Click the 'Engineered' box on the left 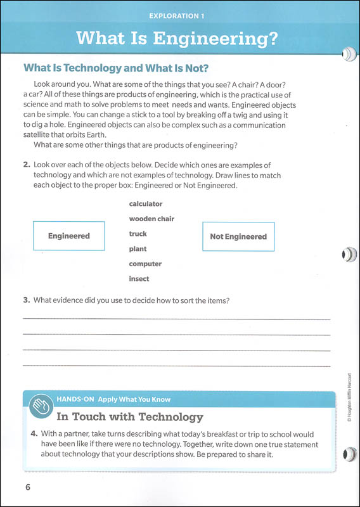click(x=68, y=236)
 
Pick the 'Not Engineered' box click(x=238, y=236)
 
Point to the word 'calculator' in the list click(x=146, y=204)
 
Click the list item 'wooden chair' click(x=151, y=219)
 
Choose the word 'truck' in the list click(x=138, y=234)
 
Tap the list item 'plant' click(x=138, y=249)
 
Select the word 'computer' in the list click(x=145, y=264)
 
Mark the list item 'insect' click(x=139, y=279)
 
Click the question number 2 click(x=27, y=165)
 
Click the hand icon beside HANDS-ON click(x=40, y=404)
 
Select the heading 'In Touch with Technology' click(x=129, y=417)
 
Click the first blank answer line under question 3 click(x=177, y=319)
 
